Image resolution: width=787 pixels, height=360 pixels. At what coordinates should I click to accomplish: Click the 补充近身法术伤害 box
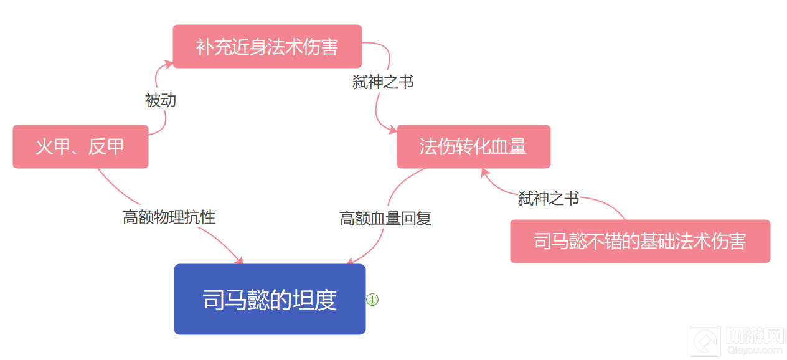click(267, 47)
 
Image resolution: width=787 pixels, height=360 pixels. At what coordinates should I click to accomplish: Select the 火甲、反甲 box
click(80, 147)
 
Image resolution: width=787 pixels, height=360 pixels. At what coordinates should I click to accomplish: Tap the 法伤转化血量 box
click(473, 147)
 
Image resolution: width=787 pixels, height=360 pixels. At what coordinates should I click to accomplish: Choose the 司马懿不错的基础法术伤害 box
click(639, 242)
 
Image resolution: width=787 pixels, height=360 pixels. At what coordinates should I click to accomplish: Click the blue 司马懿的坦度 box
click(270, 300)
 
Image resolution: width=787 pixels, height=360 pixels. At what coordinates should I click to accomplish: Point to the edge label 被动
click(161, 100)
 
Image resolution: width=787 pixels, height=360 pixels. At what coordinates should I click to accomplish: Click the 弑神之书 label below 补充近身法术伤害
click(383, 82)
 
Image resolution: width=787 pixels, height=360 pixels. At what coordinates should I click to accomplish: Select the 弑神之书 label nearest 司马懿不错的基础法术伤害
click(549, 199)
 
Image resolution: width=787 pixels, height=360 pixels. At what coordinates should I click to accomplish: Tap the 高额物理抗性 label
click(169, 217)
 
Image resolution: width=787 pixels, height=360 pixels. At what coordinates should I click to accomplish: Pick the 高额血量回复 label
click(385, 219)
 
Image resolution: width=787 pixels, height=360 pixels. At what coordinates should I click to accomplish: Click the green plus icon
click(372, 300)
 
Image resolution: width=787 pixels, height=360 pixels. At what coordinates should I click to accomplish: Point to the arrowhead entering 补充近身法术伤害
click(169, 63)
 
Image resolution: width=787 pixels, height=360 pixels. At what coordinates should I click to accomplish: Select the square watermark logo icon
click(705, 341)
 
